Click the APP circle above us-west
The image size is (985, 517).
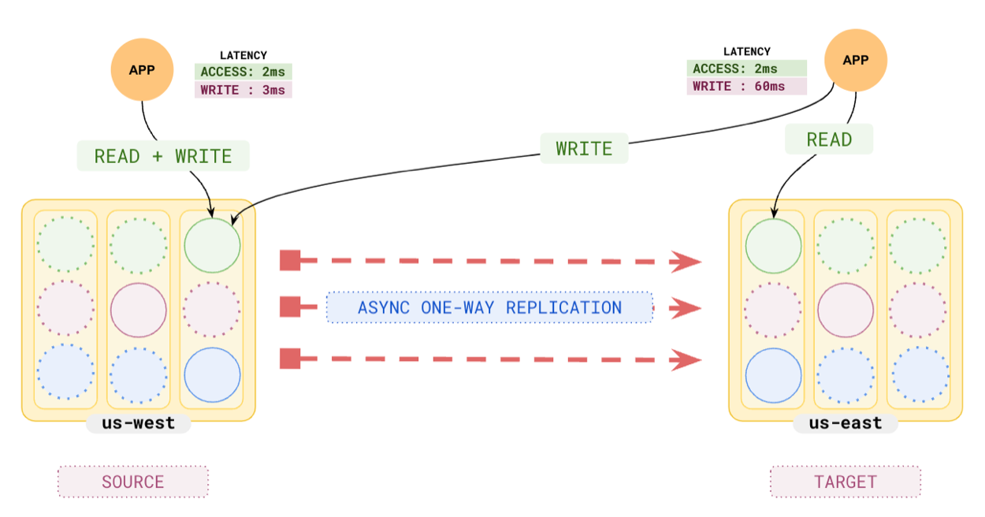[x=142, y=69]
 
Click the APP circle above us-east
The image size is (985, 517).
[x=855, y=60]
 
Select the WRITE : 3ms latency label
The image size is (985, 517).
[x=243, y=90]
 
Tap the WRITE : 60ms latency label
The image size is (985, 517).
[x=745, y=86]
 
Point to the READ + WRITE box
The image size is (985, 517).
[x=163, y=156]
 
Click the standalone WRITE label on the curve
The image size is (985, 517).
[x=584, y=149]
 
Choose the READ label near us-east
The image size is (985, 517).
[x=829, y=139]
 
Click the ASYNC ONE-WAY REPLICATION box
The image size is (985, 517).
[x=489, y=307]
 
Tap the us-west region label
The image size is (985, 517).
[x=139, y=423]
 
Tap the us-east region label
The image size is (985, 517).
[x=846, y=423]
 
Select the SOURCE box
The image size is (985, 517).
[x=132, y=482]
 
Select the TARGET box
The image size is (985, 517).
[x=845, y=482]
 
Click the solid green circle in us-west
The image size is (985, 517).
[x=212, y=244]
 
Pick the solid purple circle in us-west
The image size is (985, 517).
[x=138, y=311]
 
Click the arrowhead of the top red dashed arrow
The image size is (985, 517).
[x=685, y=261]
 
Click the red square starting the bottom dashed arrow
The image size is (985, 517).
[x=290, y=359]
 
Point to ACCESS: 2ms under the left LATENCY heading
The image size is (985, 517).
[x=243, y=72]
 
